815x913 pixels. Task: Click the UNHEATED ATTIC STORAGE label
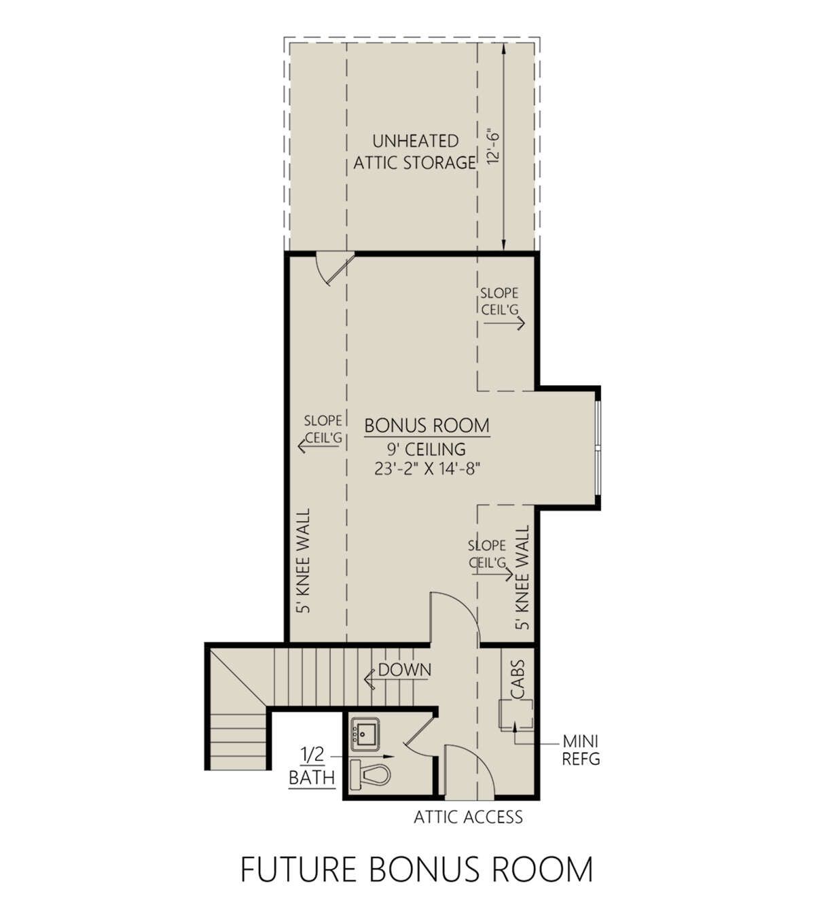coord(414,152)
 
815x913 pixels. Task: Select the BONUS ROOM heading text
coord(427,425)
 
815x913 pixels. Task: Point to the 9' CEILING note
coord(427,449)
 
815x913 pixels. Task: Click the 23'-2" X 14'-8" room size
coord(426,469)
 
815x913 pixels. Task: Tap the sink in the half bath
coord(365,735)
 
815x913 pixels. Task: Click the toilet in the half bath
coord(370,774)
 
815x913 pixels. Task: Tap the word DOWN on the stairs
coord(405,670)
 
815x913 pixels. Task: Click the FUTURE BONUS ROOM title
coord(417,870)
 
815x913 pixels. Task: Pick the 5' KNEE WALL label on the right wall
coord(522,577)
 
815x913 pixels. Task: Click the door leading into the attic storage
coord(336,270)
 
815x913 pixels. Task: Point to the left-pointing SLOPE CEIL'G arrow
coord(319,446)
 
